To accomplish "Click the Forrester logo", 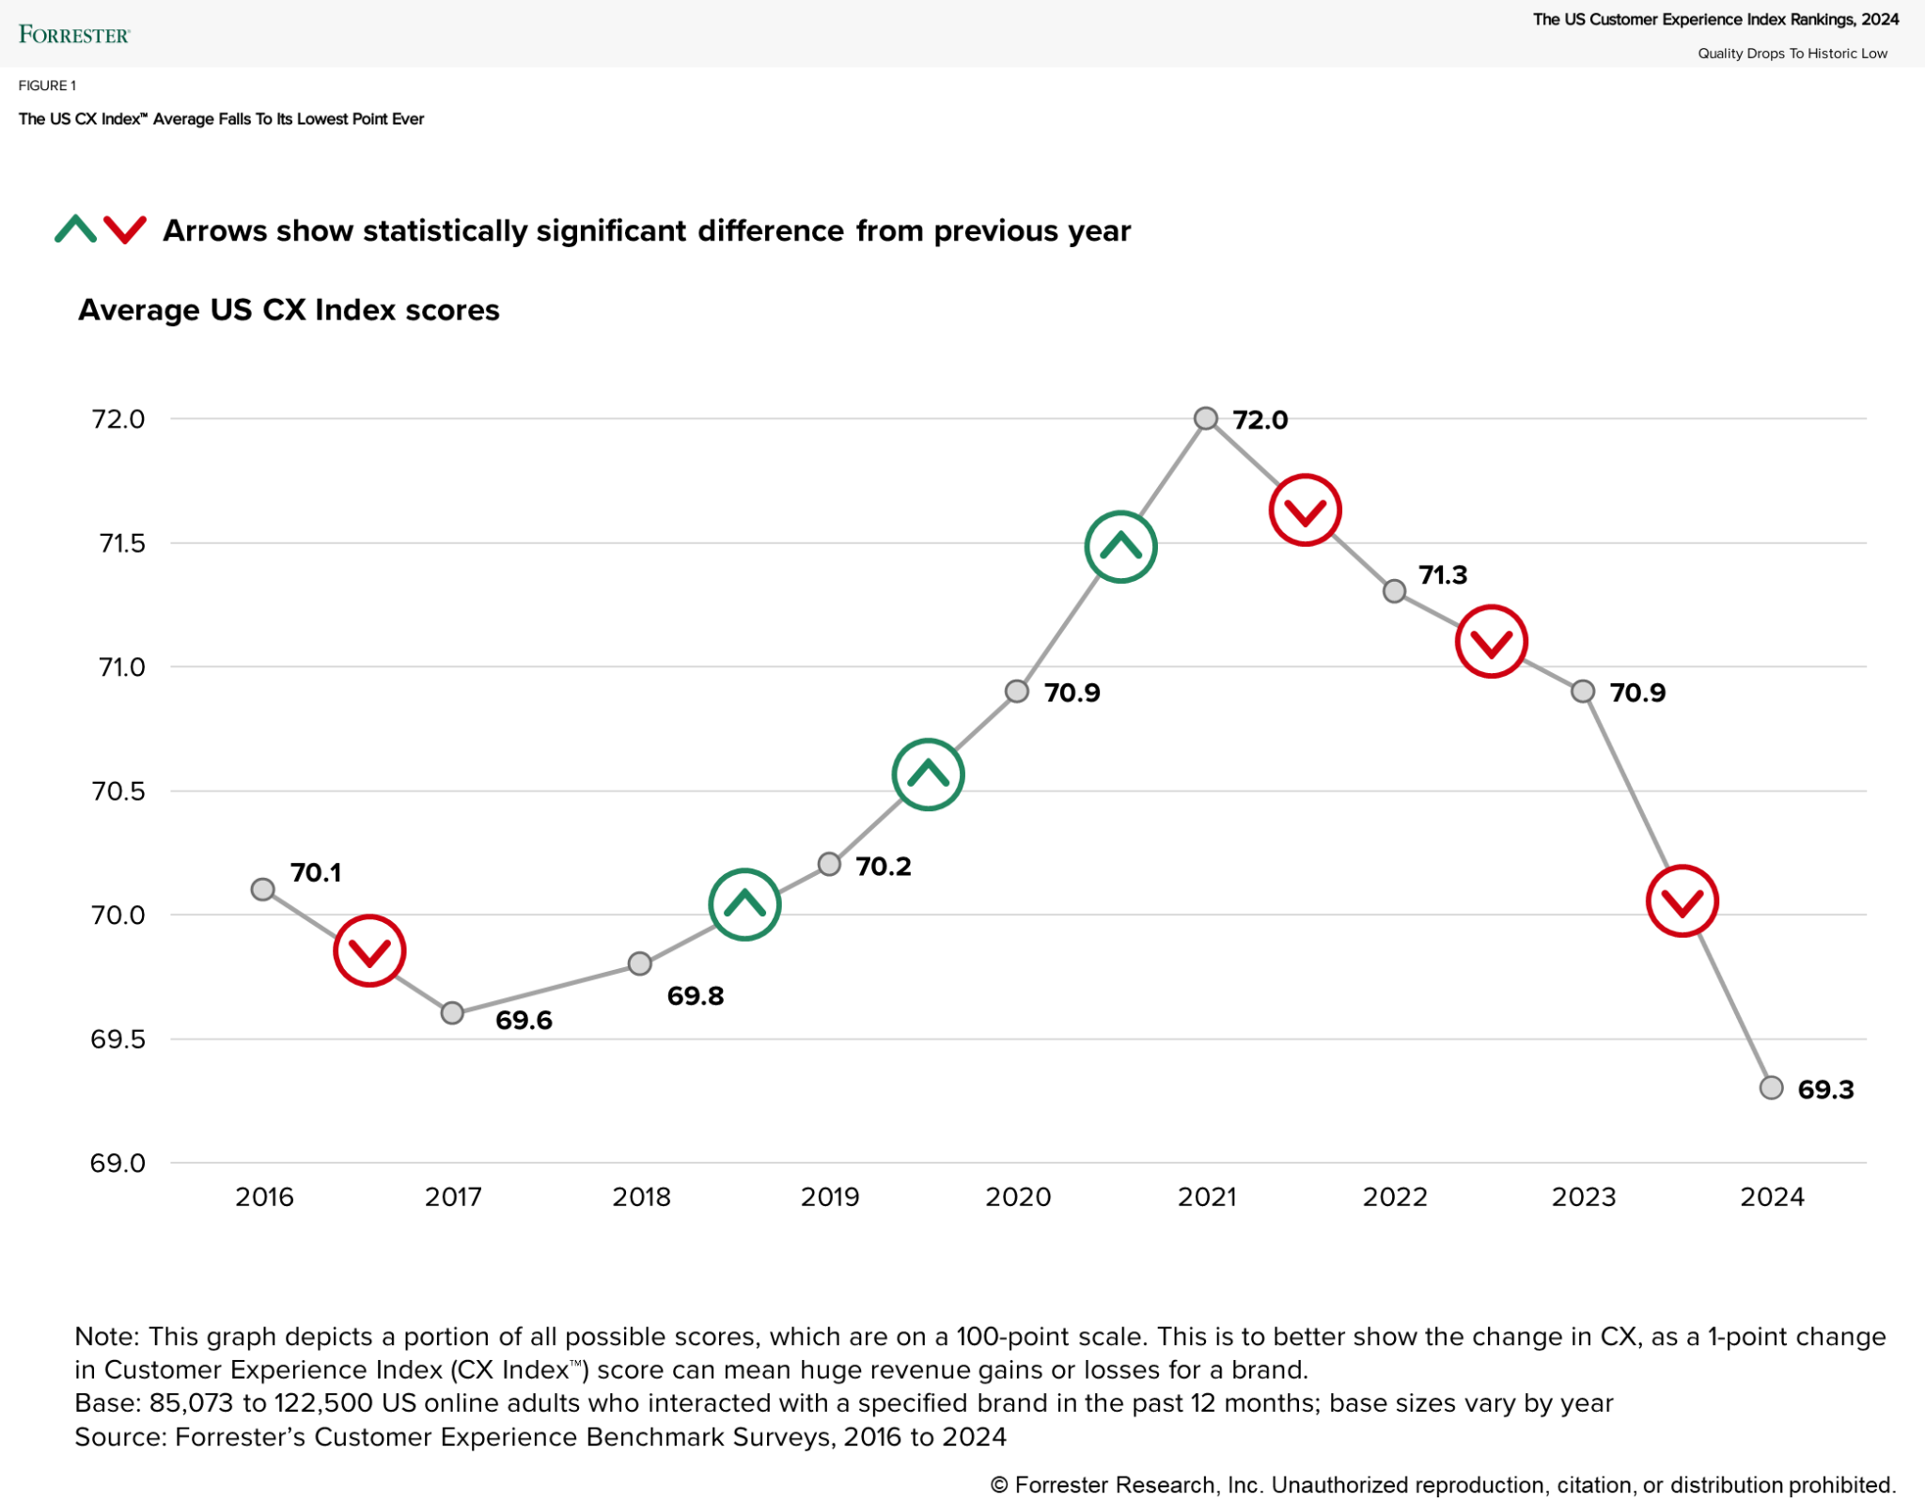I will [x=73, y=35].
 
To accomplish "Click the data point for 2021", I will [x=1206, y=418].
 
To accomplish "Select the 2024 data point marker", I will [x=1771, y=1087].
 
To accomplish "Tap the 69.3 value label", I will [x=1825, y=1089].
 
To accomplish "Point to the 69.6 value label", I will [x=524, y=1020].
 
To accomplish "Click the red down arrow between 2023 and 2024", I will [x=1682, y=901].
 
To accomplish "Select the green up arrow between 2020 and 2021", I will [x=1120, y=547].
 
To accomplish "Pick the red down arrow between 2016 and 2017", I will [x=369, y=950].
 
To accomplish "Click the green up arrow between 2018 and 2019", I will [x=744, y=904].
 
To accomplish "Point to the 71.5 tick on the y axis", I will [x=122, y=543].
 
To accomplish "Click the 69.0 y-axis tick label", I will [x=118, y=1164].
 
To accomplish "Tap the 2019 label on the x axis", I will [x=830, y=1197].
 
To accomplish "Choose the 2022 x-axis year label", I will [x=1395, y=1197].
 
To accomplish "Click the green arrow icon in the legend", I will [x=76, y=229].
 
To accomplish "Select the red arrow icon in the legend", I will [x=125, y=229].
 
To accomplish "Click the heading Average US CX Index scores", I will [x=289, y=310].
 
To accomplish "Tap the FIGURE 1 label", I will [x=47, y=86].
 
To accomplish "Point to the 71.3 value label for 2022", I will [x=1443, y=574].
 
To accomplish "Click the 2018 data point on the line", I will [x=639, y=963].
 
